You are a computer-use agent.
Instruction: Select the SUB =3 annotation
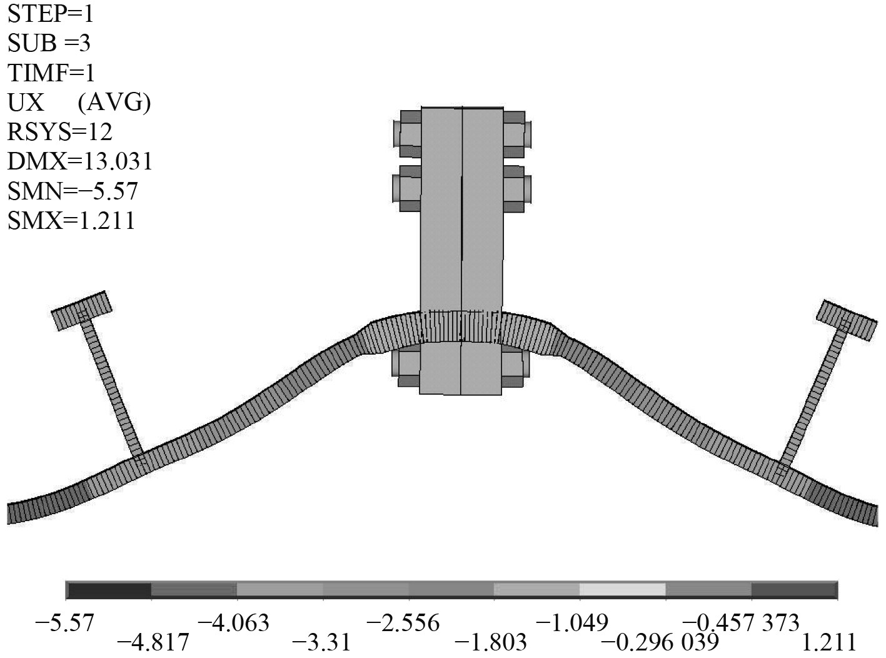tap(49, 43)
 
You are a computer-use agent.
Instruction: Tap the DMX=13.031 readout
tap(80, 162)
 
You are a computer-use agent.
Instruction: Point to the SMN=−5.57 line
tap(73, 191)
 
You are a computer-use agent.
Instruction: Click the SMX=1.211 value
tap(71, 221)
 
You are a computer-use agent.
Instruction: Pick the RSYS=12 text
tap(60, 132)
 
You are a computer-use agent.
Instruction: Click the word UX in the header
tap(26, 103)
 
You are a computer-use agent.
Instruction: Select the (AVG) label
tap(114, 103)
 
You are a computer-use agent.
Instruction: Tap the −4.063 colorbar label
tap(233, 623)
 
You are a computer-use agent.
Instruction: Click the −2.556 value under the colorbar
tap(403, 623)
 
